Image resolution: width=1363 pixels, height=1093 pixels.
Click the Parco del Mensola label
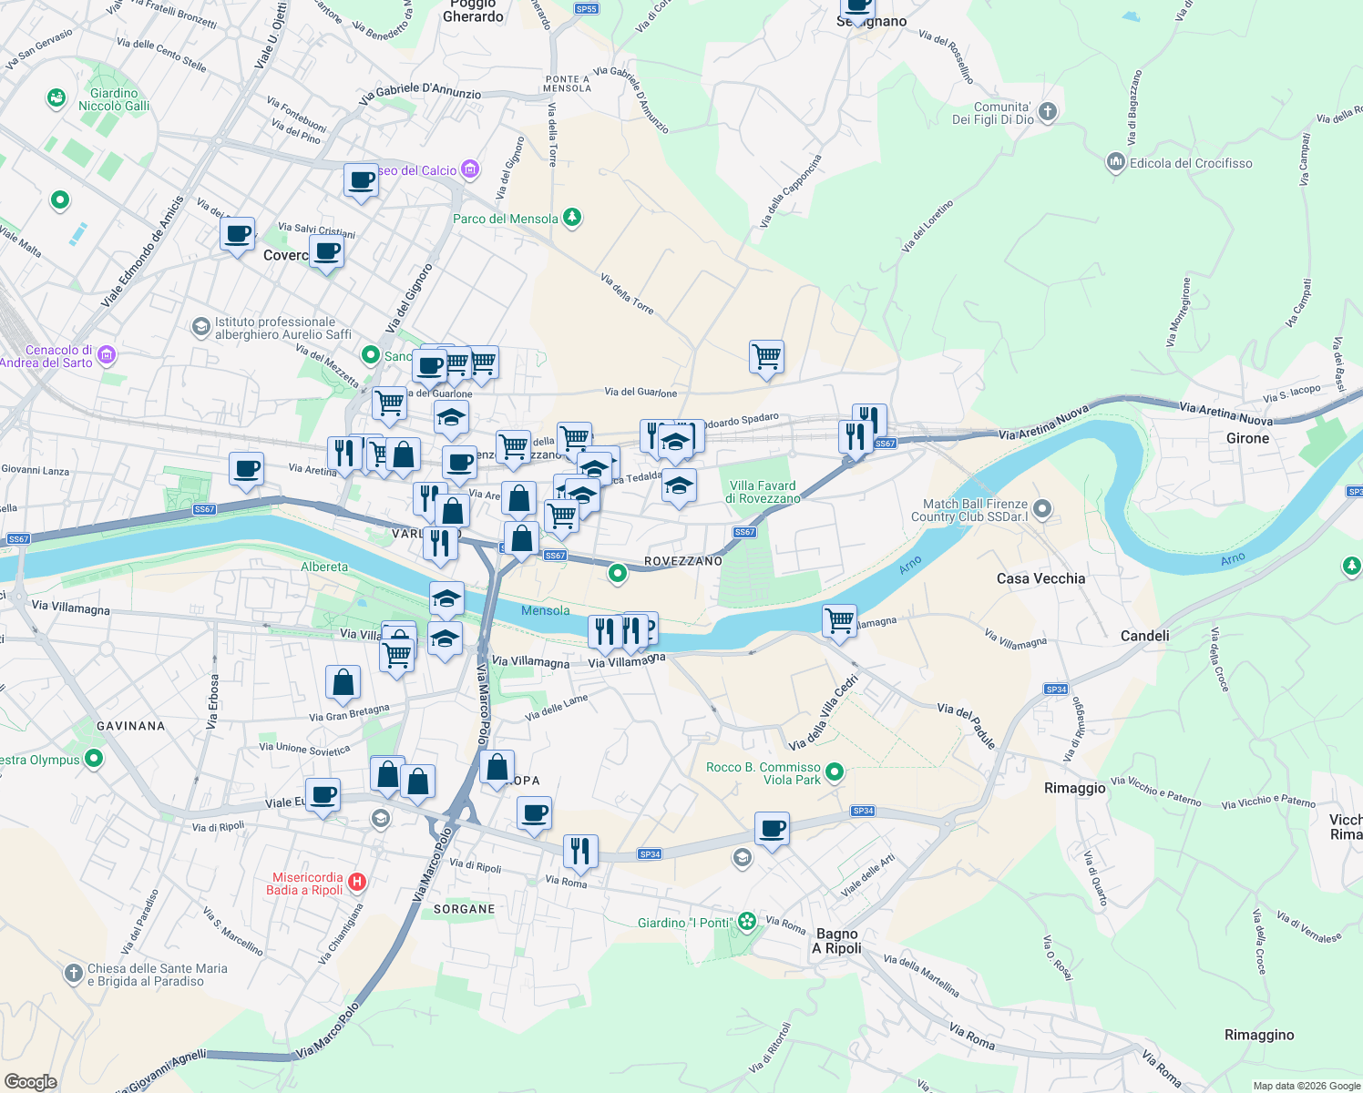coord(506,219)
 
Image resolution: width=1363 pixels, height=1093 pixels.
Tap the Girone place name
coord(1247,438)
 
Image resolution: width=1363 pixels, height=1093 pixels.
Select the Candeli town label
coord(1144,636)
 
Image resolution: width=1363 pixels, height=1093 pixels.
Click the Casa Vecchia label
coord(1040,578)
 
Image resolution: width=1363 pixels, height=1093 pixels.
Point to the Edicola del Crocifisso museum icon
coord(1116,163)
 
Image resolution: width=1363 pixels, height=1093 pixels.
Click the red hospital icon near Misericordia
coord(357,882)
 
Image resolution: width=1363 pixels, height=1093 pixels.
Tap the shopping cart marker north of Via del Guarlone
coord(766,356)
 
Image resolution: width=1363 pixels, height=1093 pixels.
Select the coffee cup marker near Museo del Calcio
coord(361,179)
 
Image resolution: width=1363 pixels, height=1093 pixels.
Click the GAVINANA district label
coord(131,726)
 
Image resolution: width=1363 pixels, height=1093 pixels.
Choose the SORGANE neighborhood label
coord(464,909)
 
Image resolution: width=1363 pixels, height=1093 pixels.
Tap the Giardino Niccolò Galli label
coord(114,99)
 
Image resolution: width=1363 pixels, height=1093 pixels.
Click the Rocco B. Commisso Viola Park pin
coord(834,772)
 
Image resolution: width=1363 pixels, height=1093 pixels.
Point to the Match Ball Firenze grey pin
coord(1043,509)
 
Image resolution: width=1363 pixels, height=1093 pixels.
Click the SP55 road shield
coord(586,9)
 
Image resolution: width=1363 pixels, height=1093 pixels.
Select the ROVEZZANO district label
coord(682,561)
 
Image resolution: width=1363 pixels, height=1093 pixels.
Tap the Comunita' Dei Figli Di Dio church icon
coord(1048,112)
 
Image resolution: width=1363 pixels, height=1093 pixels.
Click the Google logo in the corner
coord(30,1081)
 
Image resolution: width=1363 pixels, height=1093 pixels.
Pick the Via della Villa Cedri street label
coord(824,712)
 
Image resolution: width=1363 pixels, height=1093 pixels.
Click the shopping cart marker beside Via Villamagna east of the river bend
coord(839,621)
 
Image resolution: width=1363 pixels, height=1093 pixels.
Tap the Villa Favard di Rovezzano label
coord(763,492)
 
